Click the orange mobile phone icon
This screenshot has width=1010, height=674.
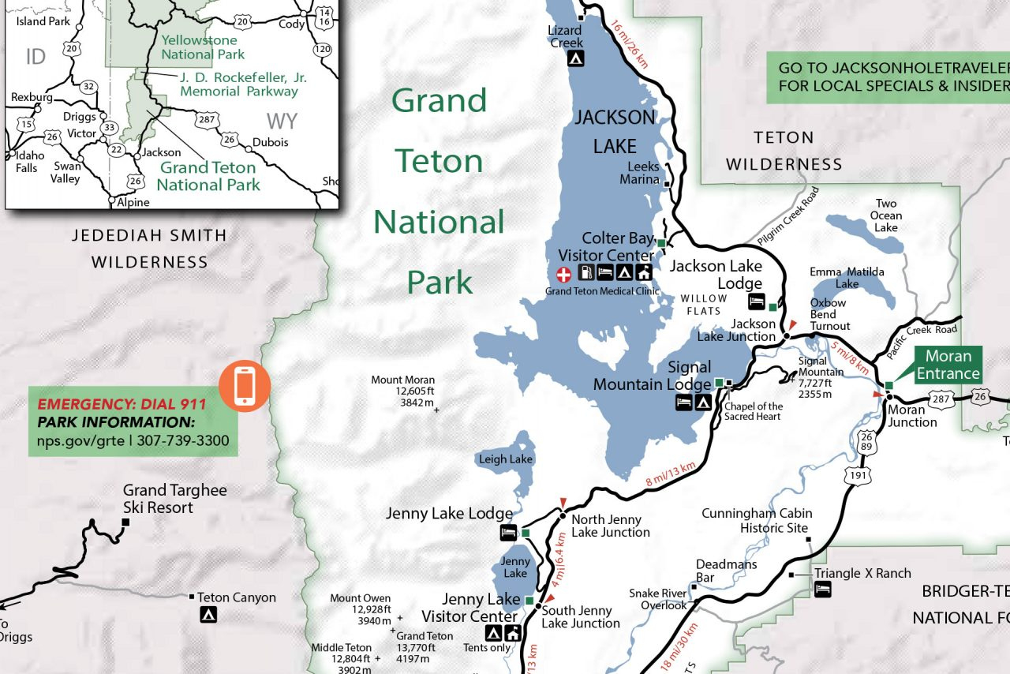tap(245, 386)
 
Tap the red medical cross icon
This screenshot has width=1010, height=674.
tap(564, 274)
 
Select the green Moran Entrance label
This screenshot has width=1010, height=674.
tap(948, 365)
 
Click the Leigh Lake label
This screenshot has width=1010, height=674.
tap(504, 459)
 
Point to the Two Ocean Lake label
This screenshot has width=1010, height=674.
tap(885, 215)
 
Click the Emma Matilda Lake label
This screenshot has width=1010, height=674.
tap(847, 278)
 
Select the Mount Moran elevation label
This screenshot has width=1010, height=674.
tap(402, 391)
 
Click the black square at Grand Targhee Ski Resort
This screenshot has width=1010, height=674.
tap(125, 522)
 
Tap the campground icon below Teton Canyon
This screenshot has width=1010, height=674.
tap(208, 615)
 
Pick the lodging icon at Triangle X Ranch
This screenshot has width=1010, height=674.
tap(822, 589)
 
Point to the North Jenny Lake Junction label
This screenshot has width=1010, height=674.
tap(610, 526)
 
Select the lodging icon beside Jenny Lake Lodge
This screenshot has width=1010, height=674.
tap(509, 534)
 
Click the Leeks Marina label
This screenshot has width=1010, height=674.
tap(643, 173)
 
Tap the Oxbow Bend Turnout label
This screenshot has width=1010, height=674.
tap(829, 314)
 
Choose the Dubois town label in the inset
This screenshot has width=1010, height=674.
tap(270, 143)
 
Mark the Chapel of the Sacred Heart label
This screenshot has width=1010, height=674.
tap(754, 411)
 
